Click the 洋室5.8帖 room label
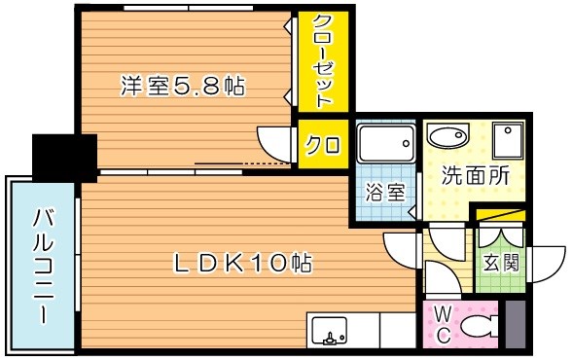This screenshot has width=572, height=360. tap(182, 87)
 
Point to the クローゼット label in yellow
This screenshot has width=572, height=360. tap(324, 60)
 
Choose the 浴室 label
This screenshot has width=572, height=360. tap(383, 192)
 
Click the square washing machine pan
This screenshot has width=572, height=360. tap(508, 142)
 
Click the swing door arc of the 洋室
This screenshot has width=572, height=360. tap(273, 139)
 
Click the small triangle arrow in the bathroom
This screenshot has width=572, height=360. tap(412, 210)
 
